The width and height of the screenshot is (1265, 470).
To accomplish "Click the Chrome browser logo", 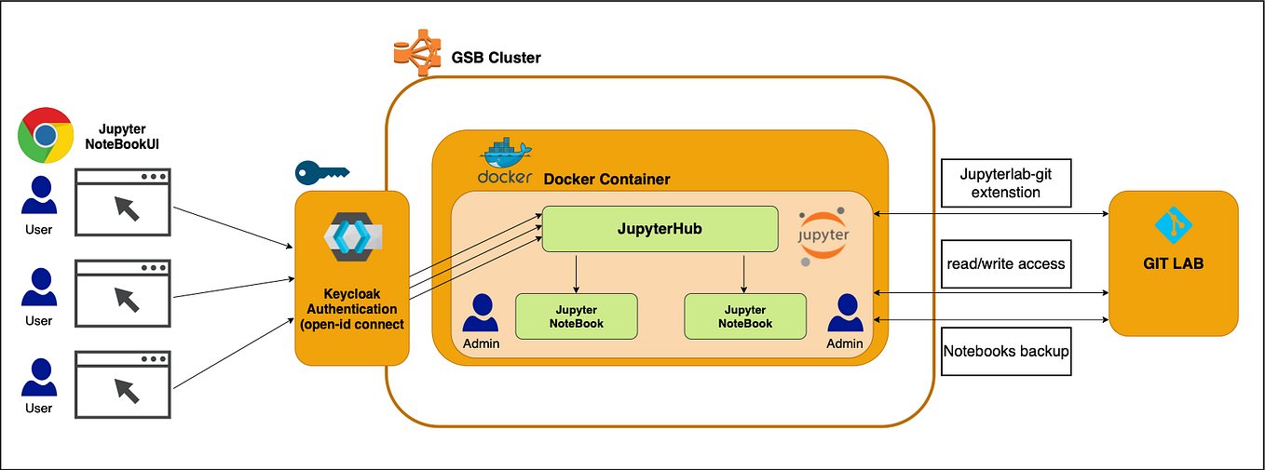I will pyautogui.click(x=46, y=136).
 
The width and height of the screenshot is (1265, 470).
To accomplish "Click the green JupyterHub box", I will pyautogui.click(x=660, y=228).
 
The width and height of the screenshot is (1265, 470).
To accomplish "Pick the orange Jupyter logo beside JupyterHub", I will pyautogui.click(x=823, y=235).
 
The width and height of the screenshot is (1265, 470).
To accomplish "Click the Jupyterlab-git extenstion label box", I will pyautogui.click(x=1006, y=182).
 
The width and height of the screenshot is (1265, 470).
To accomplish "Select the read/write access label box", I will pyautogui.click(x=1006, y=263).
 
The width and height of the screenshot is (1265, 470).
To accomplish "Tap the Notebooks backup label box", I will pyautogui.click(x=1006, y=351).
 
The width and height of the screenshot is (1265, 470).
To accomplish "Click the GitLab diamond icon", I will pyautogui.click(x=1173, y=225).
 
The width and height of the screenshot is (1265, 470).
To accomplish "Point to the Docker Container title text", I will pyautogui.click(x=605, y=179).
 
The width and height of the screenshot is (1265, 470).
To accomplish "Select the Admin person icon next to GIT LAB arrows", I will pyautogui.click(x=846, y=314).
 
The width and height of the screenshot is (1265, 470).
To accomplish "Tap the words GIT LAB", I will pyautogui.click(x=1173, y=263).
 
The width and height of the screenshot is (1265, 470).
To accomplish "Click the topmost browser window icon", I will pyautogui.click(x=122, y=198).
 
